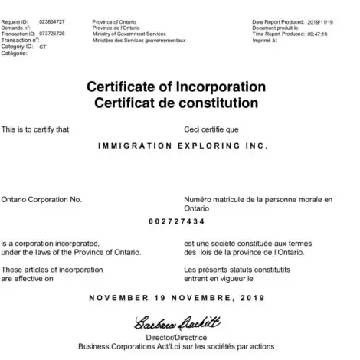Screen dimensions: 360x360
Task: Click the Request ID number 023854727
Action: coord(52,24)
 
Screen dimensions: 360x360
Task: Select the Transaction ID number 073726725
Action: coord(52,34)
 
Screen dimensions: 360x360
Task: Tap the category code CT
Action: coord(43,46)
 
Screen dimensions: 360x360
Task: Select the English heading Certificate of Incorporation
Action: coord(179,85)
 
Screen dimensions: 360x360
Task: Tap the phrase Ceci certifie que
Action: coord(212,129)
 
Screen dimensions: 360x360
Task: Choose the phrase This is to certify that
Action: coord(35,129)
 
